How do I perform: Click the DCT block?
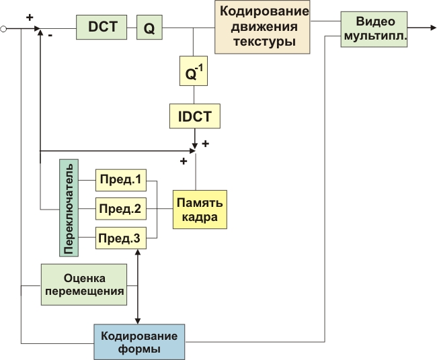(x=104, y=27)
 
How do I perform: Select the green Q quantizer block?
(x=149, y=28)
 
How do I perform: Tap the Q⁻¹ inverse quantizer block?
(x=194, y=71)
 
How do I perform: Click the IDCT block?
(x=194, y=116)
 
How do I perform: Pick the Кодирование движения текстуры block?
(x=263, y=28)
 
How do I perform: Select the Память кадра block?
(x=200, y=209)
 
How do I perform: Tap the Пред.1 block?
(x=121, y=181)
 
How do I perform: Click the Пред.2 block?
(x=121, y=210)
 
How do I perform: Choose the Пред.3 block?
(x=121, y=238)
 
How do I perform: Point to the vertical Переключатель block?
(x=69, y=208)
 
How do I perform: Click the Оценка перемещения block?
(x=84, y=285)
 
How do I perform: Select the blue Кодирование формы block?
(x=139, y=343)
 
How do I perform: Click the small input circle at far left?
(x=5, y=29)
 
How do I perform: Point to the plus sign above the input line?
(x=30, y=17)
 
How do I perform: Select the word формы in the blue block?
(x=139, y=350)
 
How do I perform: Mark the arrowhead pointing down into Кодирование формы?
(x=138, y=320)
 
